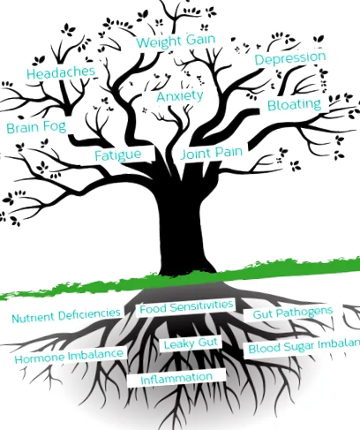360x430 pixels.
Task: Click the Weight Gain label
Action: tap(176, 41)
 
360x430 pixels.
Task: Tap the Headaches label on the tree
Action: tap(61, 72)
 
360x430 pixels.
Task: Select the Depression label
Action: tap(290, 58)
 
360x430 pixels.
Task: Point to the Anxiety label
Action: tap(180, 96)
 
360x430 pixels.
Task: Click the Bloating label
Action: tap(295, 105)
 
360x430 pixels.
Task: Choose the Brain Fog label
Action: tap(36, 127)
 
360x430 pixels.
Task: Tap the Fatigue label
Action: tap(118, 155)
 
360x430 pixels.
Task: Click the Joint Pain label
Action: tap(212, 153)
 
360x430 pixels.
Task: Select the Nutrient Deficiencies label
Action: tap(66, 315)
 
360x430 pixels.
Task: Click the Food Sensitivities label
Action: tap(186, 307)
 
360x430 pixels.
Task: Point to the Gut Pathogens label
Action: tap(293, 313)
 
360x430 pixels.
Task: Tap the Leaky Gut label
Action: tap(191, 343)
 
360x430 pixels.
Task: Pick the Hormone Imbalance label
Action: tap(69, 356)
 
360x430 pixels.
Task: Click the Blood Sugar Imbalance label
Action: tap(304, 347)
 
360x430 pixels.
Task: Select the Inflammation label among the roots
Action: tap(176, 378)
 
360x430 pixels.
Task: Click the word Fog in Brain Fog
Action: tap(55, 126)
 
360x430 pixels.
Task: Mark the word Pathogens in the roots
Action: tap(304, 312)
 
